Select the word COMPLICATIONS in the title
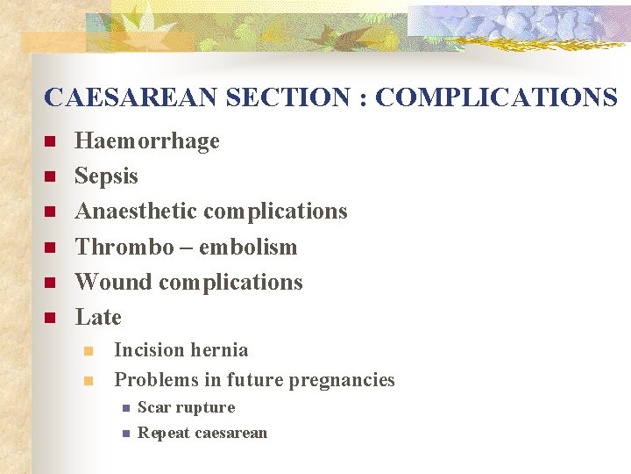point(496,97)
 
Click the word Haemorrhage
point(147,141)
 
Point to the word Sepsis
point(106,176)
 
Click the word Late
point(98,317)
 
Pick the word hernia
point(219,350)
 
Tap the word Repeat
point(164,433)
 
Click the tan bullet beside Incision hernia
point(88,351)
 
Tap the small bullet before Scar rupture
point(126,408)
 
